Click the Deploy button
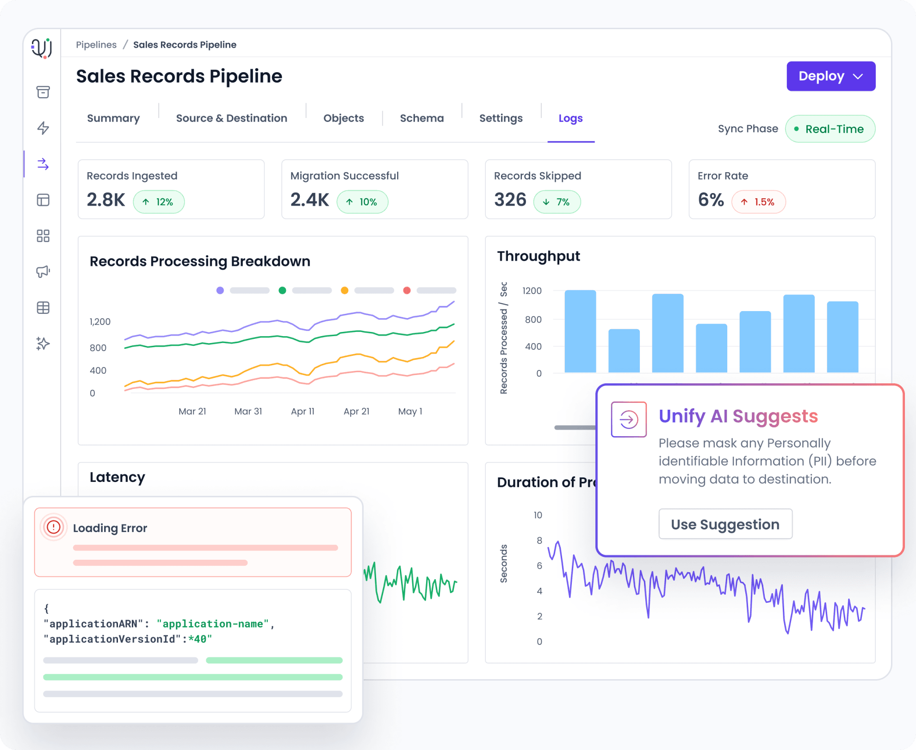[830, 76]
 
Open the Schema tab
[421, 119]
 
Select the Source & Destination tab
[231, 119]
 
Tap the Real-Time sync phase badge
[830, 129]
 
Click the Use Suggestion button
[725, 524]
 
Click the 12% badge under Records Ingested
[159, 202]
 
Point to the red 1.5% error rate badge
[758, 202]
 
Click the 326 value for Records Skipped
[510, 200]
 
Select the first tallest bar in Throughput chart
[580, 331]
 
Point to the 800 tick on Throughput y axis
[533, 319]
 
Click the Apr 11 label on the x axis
[303, 411]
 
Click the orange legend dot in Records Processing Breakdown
[344, 290]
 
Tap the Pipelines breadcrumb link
[96, 45]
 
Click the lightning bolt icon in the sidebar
[43, 128]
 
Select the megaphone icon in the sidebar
[43, 271]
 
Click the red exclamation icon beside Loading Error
[54, 527]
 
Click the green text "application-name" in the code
[212, 624]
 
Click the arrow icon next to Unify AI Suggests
[628, 419]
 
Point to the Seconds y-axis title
[504, 563]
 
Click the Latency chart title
[118, 477]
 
